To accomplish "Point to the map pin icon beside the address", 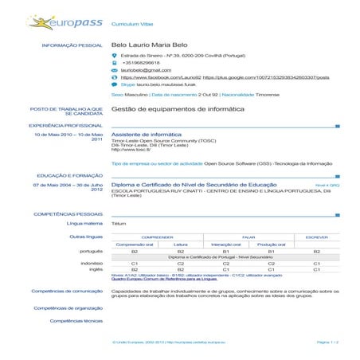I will tap(115, 56).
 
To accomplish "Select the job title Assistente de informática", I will tap(141, 135).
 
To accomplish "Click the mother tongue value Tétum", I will tap(119, 224).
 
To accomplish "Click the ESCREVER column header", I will tap(316, 237).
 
